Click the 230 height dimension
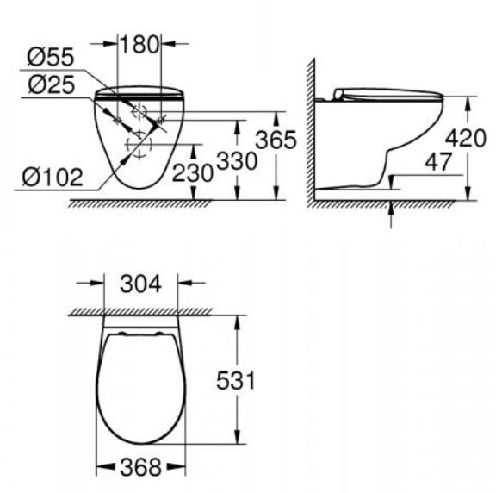pyautogui.click(x=192, y=172)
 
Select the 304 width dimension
pyautogui.click(x=139, y=284)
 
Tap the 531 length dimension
pyautogui.click(x=233, y=380)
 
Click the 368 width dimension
pyautogui.click(x=139, y=467)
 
